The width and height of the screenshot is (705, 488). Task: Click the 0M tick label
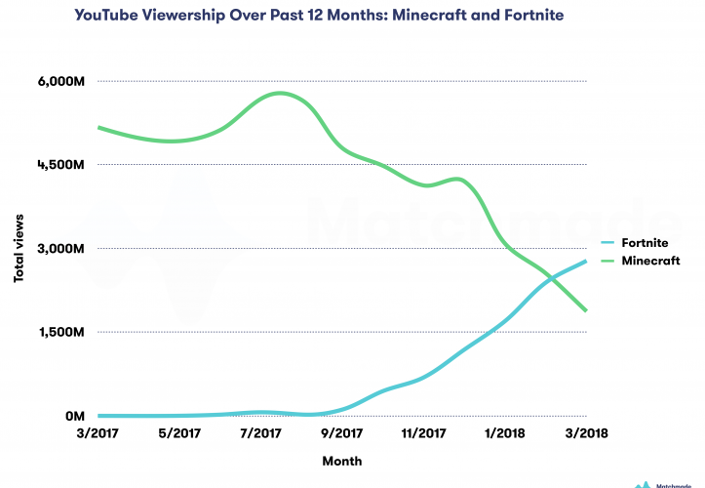coord(76,417)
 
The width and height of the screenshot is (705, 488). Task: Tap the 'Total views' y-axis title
coord(19,250)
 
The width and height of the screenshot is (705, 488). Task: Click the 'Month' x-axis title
coord(342,460)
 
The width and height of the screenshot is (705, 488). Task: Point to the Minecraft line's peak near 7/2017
coord(281,93)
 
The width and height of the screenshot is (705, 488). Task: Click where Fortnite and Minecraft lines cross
coord(552,279)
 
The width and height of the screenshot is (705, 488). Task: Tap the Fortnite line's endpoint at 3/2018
coord(586,261)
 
